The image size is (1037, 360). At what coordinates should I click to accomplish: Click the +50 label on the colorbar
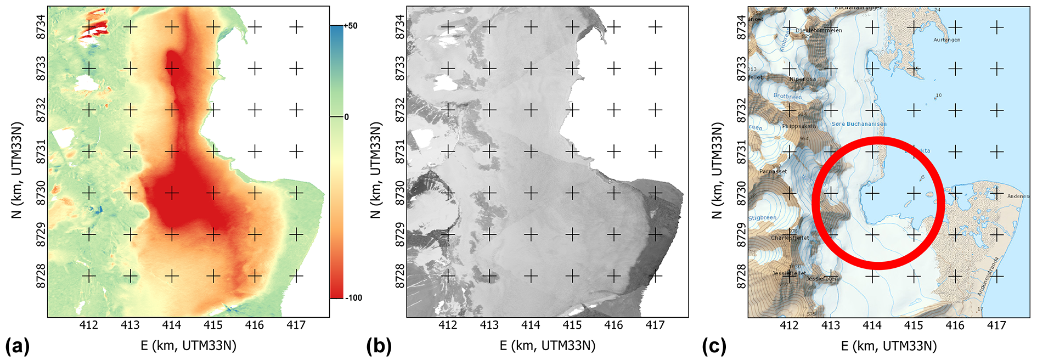point(351,26)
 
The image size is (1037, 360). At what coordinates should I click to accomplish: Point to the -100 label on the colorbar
point(353,298)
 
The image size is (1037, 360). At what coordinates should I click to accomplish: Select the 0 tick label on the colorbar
point(346,117)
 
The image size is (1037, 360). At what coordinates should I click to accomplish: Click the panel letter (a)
point(17,346)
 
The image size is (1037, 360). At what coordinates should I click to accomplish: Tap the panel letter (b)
point(379,346)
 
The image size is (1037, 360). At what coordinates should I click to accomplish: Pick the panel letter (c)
point(714,346)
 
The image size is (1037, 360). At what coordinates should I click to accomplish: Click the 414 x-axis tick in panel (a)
point(172,325)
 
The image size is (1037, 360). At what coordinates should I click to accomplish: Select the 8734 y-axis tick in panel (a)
point(41,27)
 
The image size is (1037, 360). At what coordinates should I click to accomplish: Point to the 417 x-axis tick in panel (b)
point(655,325)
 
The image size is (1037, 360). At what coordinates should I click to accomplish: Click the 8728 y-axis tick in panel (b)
point(400,275)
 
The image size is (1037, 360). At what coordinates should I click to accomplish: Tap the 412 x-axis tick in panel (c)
point(789,325)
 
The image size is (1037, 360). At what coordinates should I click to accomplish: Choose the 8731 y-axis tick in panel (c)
point(741,151)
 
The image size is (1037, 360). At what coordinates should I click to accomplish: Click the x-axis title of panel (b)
point(547,346)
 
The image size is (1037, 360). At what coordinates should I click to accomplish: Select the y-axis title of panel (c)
point(717,170)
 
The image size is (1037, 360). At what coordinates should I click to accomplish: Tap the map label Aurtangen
point(946,40)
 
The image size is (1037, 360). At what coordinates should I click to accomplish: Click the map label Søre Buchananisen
point(859,124)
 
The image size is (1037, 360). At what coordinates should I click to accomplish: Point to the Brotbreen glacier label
point(787,97)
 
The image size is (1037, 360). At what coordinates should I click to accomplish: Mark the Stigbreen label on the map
point(763,218)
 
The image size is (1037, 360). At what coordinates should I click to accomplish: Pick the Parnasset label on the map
point(773,171)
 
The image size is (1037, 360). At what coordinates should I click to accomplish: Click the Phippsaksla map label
point(799,126)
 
